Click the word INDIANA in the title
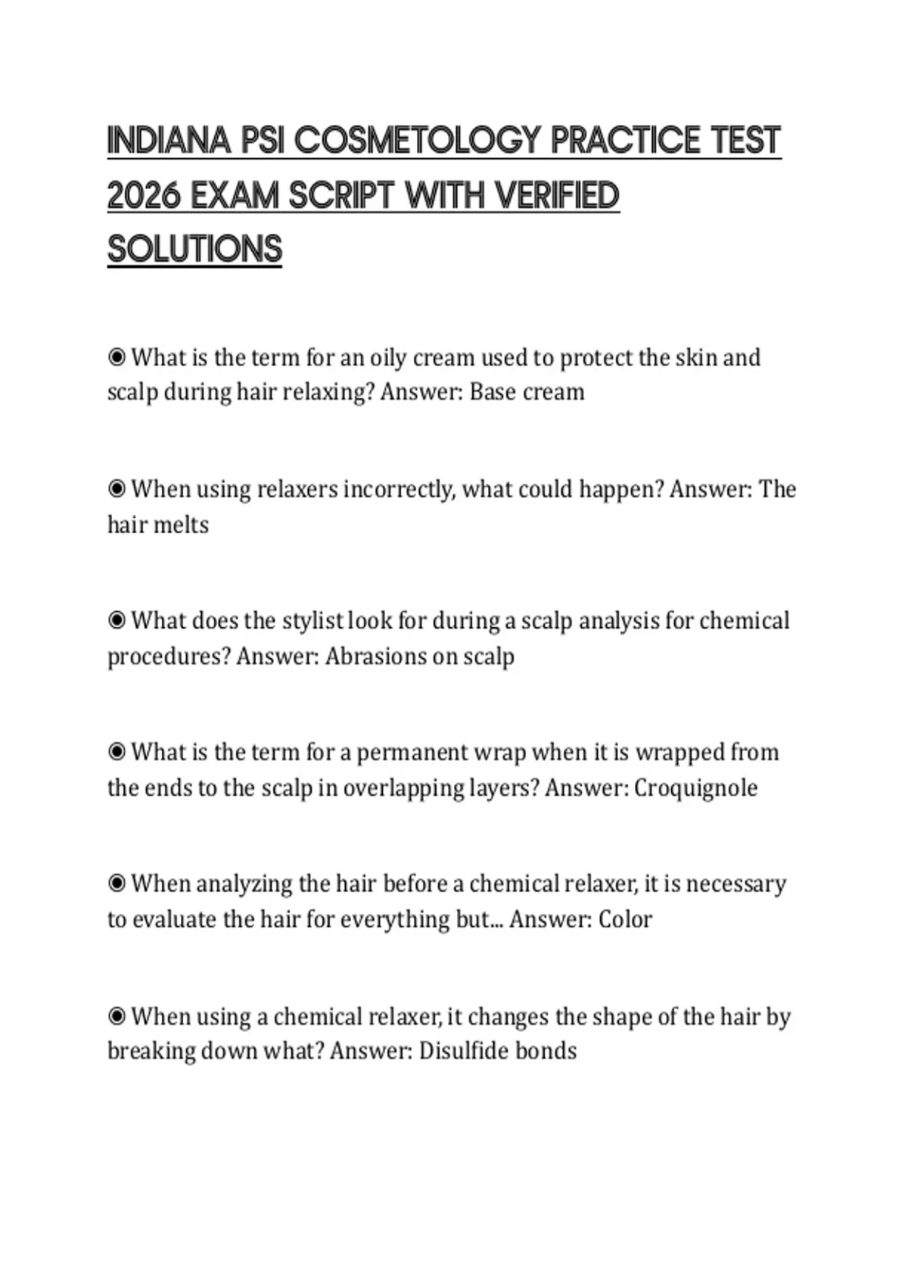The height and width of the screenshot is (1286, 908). [x=169, y=141]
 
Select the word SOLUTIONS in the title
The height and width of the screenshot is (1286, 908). [x=194, y=250]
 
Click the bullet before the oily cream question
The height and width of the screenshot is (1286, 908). [x=117, y=357]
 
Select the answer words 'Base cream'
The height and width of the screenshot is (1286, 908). [x=527, y=392]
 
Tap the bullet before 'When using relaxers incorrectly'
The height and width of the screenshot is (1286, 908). [x=117, y=489]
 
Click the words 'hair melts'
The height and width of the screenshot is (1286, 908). [x=158, y=524]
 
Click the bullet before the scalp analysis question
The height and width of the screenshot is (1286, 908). [x=117, y=620]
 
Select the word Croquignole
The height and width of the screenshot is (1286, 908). [x=695, y=787]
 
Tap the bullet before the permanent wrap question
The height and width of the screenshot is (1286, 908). [x=117, y=752]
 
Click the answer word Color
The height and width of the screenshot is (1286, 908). [x=625, y=919]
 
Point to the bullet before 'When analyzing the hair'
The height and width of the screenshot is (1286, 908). [x=117, y=884]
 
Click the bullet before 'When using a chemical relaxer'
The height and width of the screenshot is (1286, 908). [x=117, y=1016]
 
